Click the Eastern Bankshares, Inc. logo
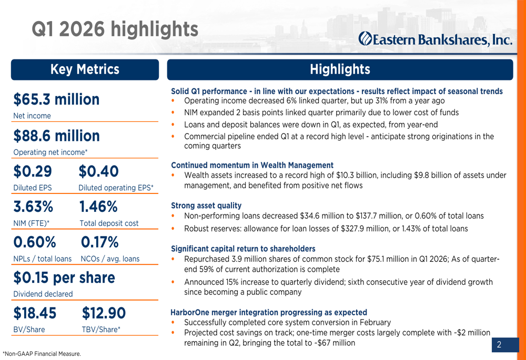point(435,38)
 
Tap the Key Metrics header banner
point(85,69)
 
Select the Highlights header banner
point(340,69)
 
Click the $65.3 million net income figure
point(56,99)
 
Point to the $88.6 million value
point(56,136)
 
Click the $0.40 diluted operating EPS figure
point(98,171)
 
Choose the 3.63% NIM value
point(33,207)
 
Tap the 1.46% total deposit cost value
point(98,207)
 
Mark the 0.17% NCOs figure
point(99,242)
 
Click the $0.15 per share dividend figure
point(64,277)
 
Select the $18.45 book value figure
point(35,313)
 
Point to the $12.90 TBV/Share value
point(104,313)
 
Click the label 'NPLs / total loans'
point(42,259)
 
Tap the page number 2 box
point(499,345)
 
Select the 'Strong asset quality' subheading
point(206,205)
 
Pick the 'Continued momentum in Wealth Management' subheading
point(252,165)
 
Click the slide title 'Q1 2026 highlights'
point(115,29)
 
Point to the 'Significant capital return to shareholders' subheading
point(243,249)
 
